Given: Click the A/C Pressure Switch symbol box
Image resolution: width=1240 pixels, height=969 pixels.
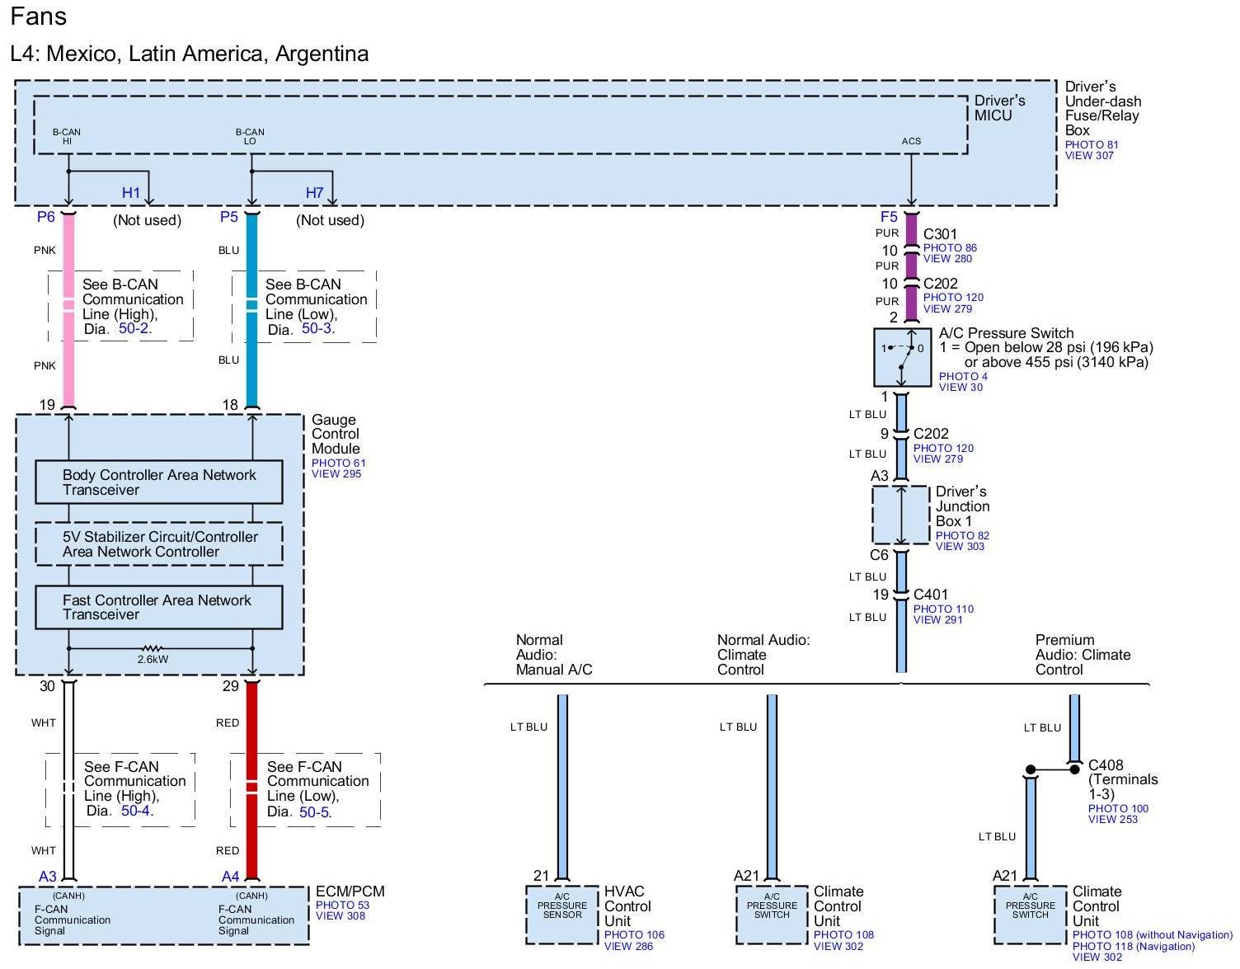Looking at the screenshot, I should pos(901,357).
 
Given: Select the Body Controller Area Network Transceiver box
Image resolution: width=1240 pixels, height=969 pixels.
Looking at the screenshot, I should pos(158,482).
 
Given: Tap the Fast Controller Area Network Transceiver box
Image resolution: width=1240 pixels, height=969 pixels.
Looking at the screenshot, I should pos(158,608).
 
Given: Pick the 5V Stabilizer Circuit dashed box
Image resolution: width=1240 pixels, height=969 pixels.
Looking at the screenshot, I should pos(158,544).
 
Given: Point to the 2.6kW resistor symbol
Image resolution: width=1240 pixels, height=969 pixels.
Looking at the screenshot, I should pos(153,649).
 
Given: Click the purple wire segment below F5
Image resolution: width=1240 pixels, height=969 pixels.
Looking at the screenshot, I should pos(911,231).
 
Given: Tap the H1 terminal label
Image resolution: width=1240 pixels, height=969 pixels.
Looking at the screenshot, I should pos(131,193).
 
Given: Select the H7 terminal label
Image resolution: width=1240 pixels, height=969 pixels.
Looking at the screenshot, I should pos(314,193).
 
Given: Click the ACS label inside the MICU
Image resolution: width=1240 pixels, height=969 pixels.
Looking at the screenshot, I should pos(911,141).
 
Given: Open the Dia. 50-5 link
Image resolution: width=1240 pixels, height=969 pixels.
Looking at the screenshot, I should pos(314,812).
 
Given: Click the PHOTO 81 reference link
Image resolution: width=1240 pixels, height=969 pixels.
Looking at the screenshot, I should pos(1092,144).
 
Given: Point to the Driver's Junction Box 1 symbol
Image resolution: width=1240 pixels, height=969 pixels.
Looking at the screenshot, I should pos(901,515).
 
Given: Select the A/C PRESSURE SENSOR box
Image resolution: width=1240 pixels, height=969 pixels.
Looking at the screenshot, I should pos(562,915).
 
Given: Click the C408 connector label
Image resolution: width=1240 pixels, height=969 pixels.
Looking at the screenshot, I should pos(1106,765).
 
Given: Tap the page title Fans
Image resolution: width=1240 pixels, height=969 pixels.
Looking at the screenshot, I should pos(39,16).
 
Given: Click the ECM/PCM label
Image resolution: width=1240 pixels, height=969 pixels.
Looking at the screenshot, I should pos(350,891).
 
